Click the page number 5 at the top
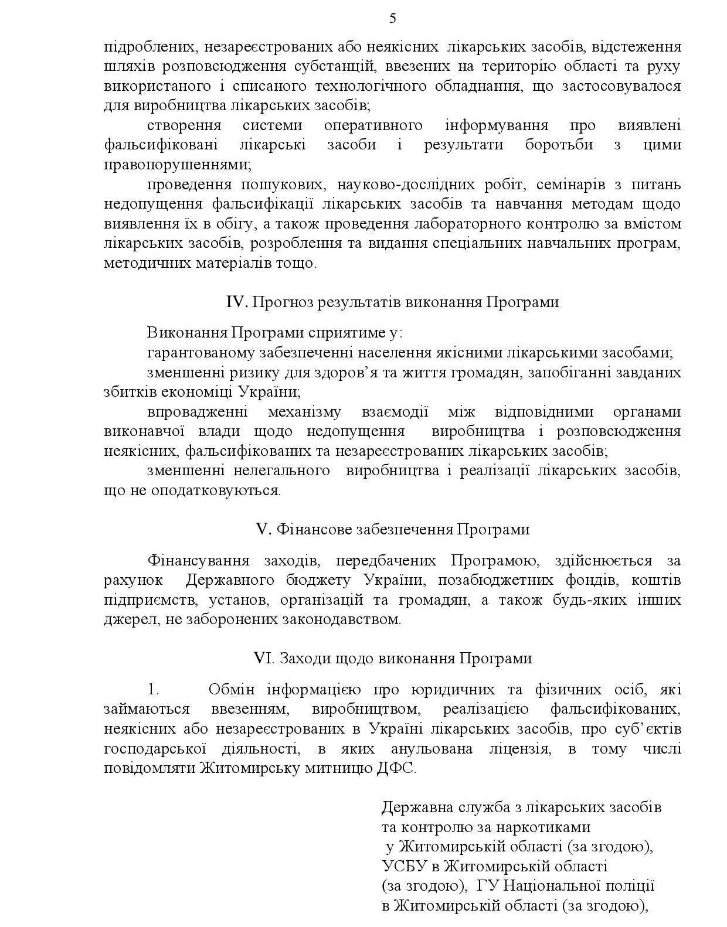(392, 19)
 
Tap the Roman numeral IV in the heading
(237, 302)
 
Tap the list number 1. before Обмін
(153, 690)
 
